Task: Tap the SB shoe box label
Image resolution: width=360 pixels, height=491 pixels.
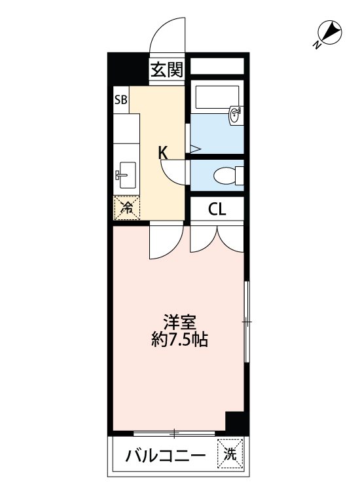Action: pyautogui.click(x=121, y=100)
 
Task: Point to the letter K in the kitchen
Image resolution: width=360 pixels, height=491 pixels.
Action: pyautogui.click(x=163, y=153)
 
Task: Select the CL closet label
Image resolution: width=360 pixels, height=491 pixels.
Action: pyautogui.click(x=217, y=209)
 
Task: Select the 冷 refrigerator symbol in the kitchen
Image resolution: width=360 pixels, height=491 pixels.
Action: pyautogui.click(x=127, y=209)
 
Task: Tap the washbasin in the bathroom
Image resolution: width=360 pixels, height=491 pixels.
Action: pyautogui.click(x=235, y=117)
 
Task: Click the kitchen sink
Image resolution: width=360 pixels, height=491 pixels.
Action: pyautogui.click(x=126, y=174)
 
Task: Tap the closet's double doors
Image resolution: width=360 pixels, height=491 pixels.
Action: pyautogui.click(x=217, y=238)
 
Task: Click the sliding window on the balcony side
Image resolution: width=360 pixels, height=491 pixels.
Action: pyautogui.click(x=175, y=433)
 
